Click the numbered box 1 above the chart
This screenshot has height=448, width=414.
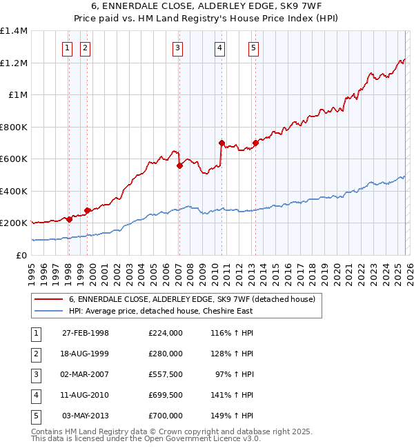[68, 48]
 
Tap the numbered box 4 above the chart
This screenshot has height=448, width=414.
[219, 48]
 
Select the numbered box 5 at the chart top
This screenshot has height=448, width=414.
[253, 48]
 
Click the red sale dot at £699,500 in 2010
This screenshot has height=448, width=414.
[221, 143]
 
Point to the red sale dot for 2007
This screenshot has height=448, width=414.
[179, 165]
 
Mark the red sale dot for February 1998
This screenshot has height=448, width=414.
[69, 219]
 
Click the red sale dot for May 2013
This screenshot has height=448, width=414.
[255, 143]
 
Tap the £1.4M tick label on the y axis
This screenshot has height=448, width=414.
[14, 31]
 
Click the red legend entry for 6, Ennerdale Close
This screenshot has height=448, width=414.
[192, 299]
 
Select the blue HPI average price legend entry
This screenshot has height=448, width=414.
[161, 311]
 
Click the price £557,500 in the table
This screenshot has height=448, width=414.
[166, 374]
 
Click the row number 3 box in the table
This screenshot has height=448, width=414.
[36, 374]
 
